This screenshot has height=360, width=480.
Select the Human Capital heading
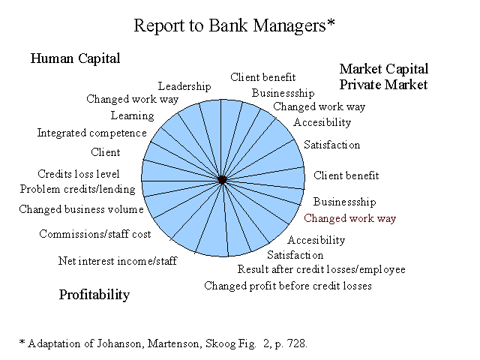click(x=75, y=58)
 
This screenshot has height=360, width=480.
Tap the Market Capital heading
click(x=384, y=69)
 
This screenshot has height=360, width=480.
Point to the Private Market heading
click(x=383, y=85)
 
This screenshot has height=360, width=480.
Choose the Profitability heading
click(x=94, y=295)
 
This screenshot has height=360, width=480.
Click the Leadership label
click(x=184, y=86)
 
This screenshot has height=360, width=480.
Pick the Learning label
click(x=132, y=115)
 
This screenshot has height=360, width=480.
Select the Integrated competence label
click(x=91, y=133)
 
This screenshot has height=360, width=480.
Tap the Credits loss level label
click(x=78, y=174)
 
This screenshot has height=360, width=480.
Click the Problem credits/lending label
click(x=78, y=189)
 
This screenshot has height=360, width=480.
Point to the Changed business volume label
click(x=81, y=209)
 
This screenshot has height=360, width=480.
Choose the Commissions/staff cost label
click(x=95, y=234)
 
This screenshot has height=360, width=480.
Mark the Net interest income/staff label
click(x=118, y=261)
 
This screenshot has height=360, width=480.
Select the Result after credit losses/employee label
click(x=322, y=269)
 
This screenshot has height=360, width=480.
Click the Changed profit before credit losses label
click(x=288, y=286)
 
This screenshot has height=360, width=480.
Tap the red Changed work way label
click(x=350, y=218)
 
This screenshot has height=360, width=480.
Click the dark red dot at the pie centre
click(x=223, y=180)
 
